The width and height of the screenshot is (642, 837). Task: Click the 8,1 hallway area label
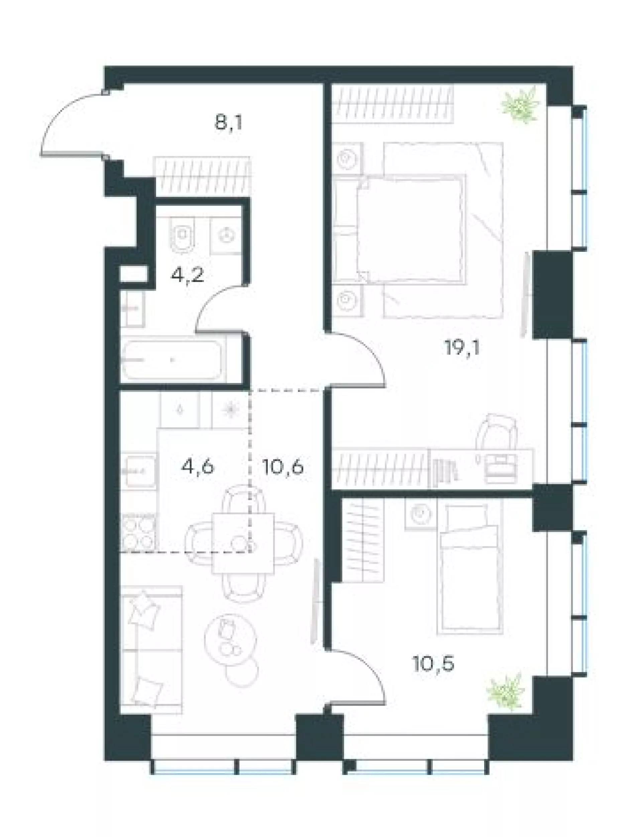pyautogui.click(x=229, y=123)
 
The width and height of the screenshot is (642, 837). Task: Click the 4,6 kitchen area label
pyautogui.click(x=198, y=467)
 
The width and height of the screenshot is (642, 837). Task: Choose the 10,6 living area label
pyautogui.click(x=283, y=467)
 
